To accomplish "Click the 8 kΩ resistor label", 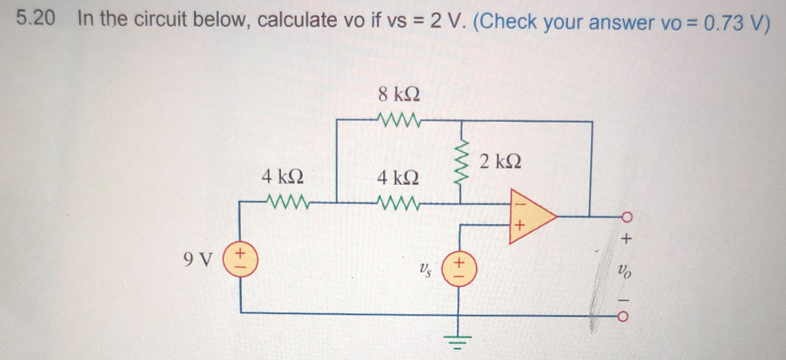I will click(399, 95).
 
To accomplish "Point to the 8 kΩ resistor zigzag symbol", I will click(398, 121).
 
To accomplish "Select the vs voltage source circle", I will click(460, 267).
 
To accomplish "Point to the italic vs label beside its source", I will click(425, 268).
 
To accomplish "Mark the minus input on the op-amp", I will click(519, 203).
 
